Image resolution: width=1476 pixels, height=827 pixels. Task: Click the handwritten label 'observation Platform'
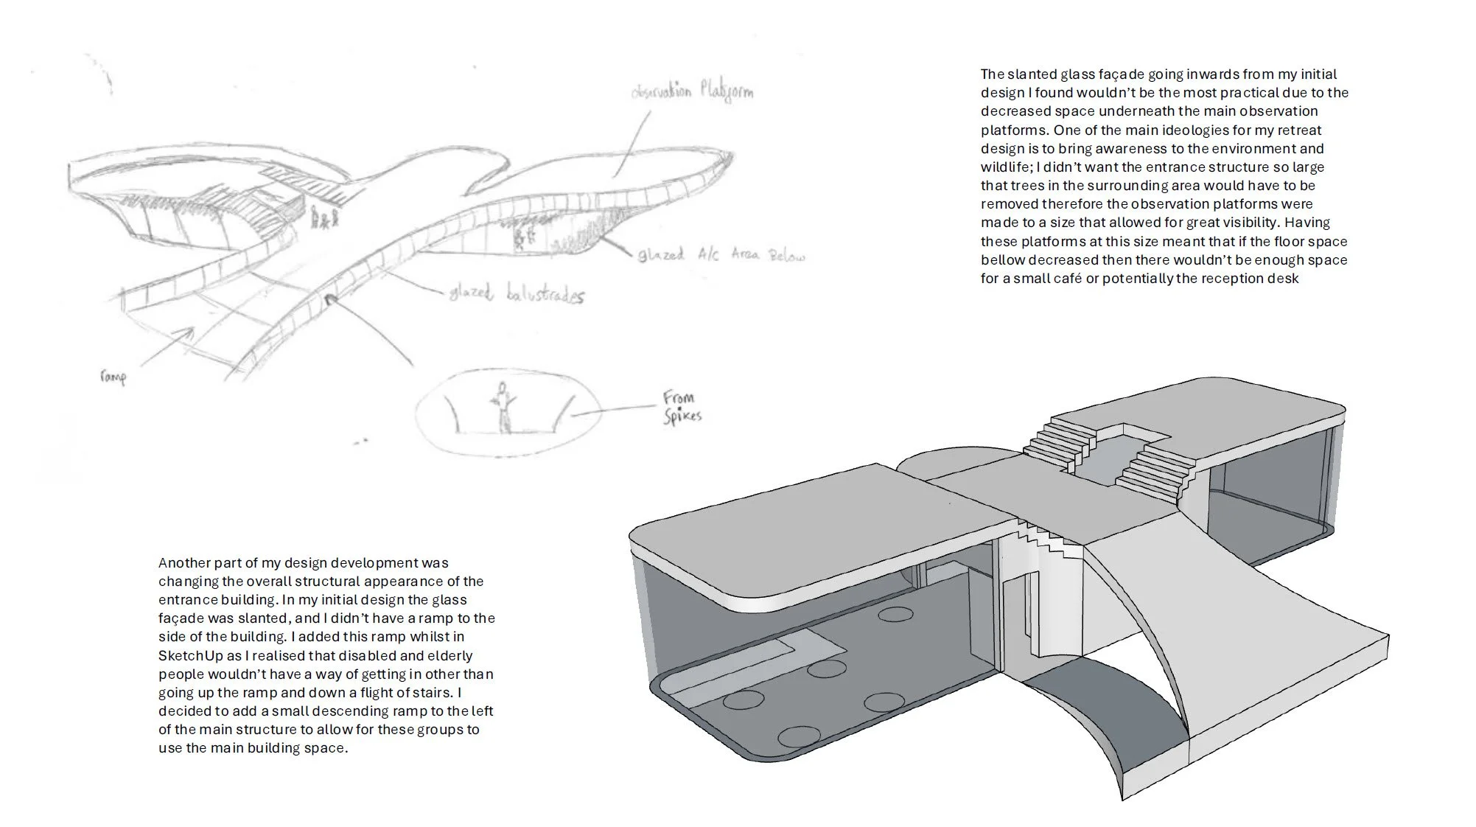coord(693,92)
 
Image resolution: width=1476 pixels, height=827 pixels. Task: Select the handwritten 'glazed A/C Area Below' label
coord(721,255)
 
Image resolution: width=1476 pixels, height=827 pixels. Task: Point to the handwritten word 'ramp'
coord(113,377)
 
